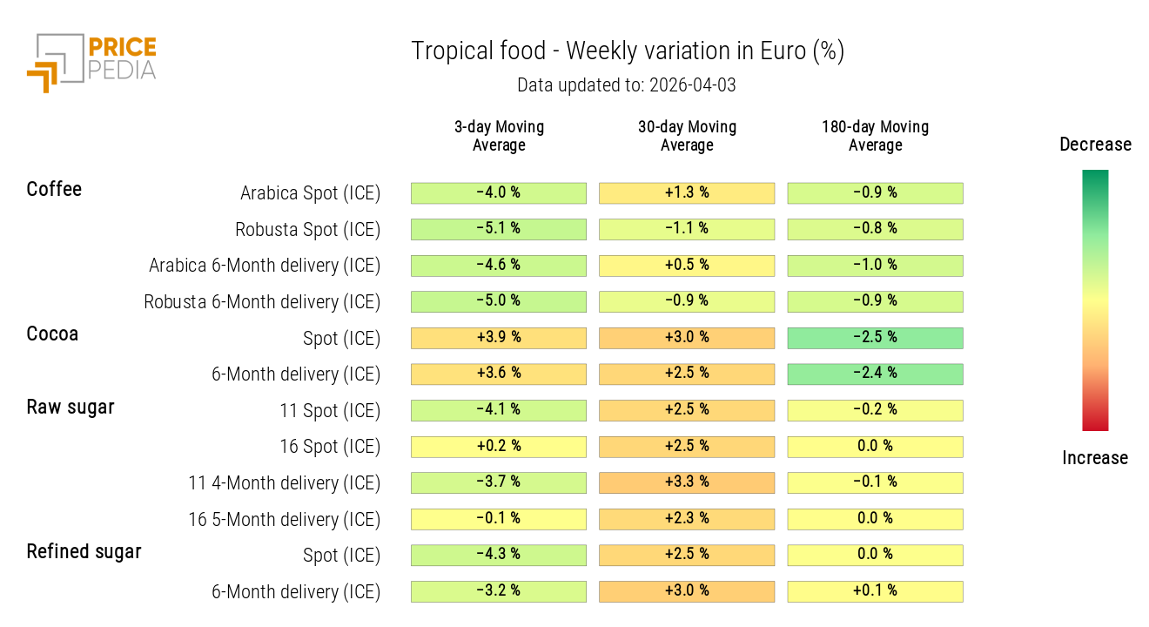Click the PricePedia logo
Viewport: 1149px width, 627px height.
click(91, 63)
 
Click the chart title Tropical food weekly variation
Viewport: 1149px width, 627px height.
click(627, 51)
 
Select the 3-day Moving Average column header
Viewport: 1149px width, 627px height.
click(499, 136)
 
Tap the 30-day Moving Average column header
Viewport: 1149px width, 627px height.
click(687, 136)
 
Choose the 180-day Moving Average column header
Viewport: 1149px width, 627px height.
click(875, 136)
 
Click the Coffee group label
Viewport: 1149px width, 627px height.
click(54, 189)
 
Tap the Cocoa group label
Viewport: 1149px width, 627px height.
click(52, 334)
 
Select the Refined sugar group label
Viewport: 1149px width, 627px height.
click(84, 551)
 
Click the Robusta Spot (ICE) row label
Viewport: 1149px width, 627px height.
click(307, 230)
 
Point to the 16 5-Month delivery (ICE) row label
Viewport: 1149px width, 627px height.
click(284, 520)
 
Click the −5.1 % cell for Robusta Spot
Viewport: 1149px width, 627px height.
click(499, 229)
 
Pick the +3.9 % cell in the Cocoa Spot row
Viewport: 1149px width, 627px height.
click(499, 338)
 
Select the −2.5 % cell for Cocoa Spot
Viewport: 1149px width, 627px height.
click(875, 338)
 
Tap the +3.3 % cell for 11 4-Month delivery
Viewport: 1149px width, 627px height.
click(687, 482)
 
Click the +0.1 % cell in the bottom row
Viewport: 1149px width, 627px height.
click(875, 591)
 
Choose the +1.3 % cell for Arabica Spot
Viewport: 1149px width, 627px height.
click(687, 193)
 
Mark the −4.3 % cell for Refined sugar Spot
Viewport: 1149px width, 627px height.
click(499, 555)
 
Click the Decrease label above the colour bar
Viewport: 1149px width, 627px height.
click(1095, 145)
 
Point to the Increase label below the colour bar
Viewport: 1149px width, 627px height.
click(1095, 458)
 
